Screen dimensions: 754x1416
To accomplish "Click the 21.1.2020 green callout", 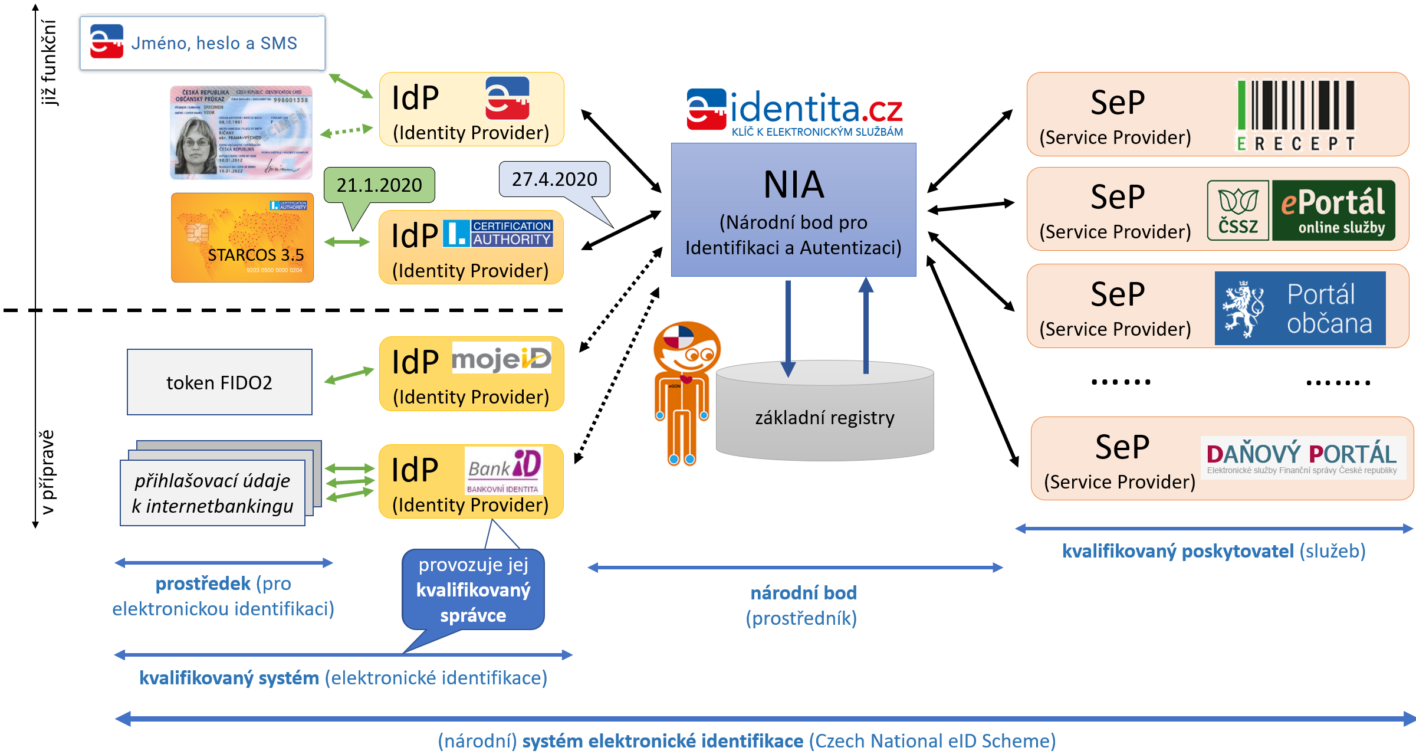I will [x=379, y=185].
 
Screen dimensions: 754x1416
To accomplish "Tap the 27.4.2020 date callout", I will [x=554, y=179].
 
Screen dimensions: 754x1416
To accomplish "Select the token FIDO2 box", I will [x=219, y=382].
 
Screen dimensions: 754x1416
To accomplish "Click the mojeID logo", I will [x=501, y=358].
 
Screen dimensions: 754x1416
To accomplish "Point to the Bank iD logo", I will [x=504, y=470].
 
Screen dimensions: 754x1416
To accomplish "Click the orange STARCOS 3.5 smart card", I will [x=242, y=238].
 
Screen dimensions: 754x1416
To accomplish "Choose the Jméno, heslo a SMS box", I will [x=202, y=43].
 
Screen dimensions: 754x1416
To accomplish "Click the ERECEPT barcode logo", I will [x=1296, y=116].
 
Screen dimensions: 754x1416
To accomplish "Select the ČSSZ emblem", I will [x=1237, y=211].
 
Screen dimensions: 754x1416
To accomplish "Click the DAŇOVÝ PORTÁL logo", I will [x=1302, y=457].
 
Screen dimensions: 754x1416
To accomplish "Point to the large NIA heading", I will [x=793, y=185].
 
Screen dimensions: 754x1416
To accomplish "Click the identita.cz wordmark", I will [x=817, y=109].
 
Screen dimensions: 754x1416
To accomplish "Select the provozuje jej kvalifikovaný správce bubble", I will [x=473, y=590].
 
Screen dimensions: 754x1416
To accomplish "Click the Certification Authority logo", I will [x=498, y=233].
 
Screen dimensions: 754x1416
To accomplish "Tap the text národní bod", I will [x=803, y=593].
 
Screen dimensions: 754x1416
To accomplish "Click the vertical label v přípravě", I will [x=47, y=472].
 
